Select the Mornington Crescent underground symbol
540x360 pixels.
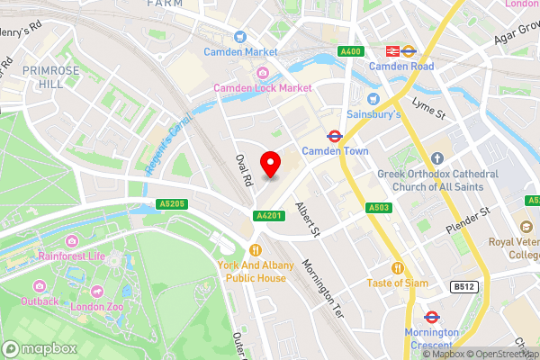pyautogui.click(x=431, y=317)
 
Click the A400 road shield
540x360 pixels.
pyautogui.click(x=351, y=51)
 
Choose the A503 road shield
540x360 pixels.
pyautogui.click(x=378, y=209)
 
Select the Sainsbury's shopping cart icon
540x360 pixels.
pyautogui.click(x=373, y=99)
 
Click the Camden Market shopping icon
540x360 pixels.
pyautogui.click(x=239, y=37)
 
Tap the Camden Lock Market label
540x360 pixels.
pyautogui.click(x=261, y=87)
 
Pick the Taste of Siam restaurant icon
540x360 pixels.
pyautogui.click(x=397, y=267)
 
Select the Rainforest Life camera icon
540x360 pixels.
pyautogui.click(x=71, y=240)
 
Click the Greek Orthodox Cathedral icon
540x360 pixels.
pyautogui.click(x=438, y=158)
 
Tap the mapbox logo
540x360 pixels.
pyautogui.click(x=36, y=348)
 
